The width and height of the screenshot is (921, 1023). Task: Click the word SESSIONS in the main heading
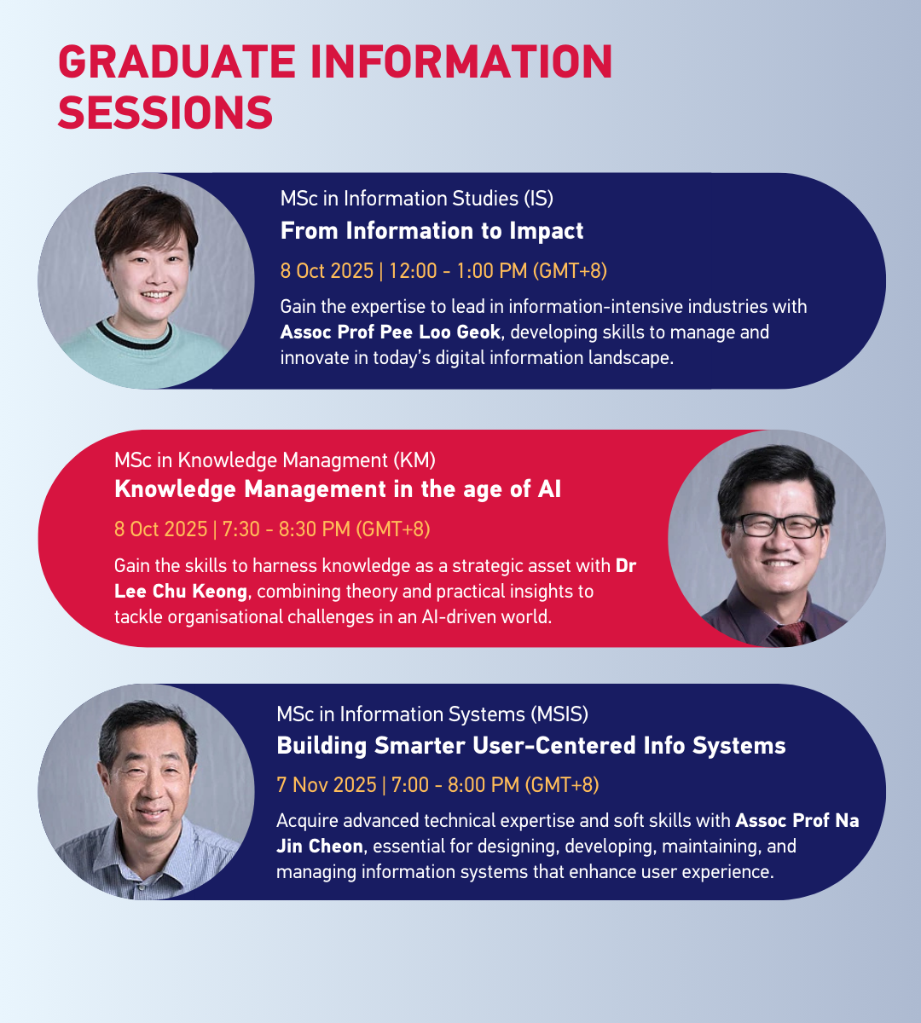point(165,113)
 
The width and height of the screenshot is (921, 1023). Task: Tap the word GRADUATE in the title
point(177,61)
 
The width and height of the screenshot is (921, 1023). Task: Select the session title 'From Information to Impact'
point(432,231)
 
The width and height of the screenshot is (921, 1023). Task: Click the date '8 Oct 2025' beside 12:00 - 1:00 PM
point(327,271)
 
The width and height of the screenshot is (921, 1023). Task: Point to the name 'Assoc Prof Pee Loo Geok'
point(391,332)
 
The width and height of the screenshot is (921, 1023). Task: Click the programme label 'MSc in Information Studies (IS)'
point(417,199)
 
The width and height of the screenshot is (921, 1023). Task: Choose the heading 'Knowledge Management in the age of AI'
point(338,489)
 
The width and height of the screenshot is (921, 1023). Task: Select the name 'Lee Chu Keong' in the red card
point(181,592)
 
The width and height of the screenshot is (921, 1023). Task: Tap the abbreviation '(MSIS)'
point(559,714)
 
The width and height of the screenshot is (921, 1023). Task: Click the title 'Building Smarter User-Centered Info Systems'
point(531,746)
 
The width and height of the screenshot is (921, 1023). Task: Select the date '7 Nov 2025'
point(327,785)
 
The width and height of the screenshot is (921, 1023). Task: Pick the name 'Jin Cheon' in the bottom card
point(320,847)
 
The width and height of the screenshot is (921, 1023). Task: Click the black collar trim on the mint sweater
point(134,337)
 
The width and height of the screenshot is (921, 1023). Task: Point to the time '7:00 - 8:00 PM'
point(455,785)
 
